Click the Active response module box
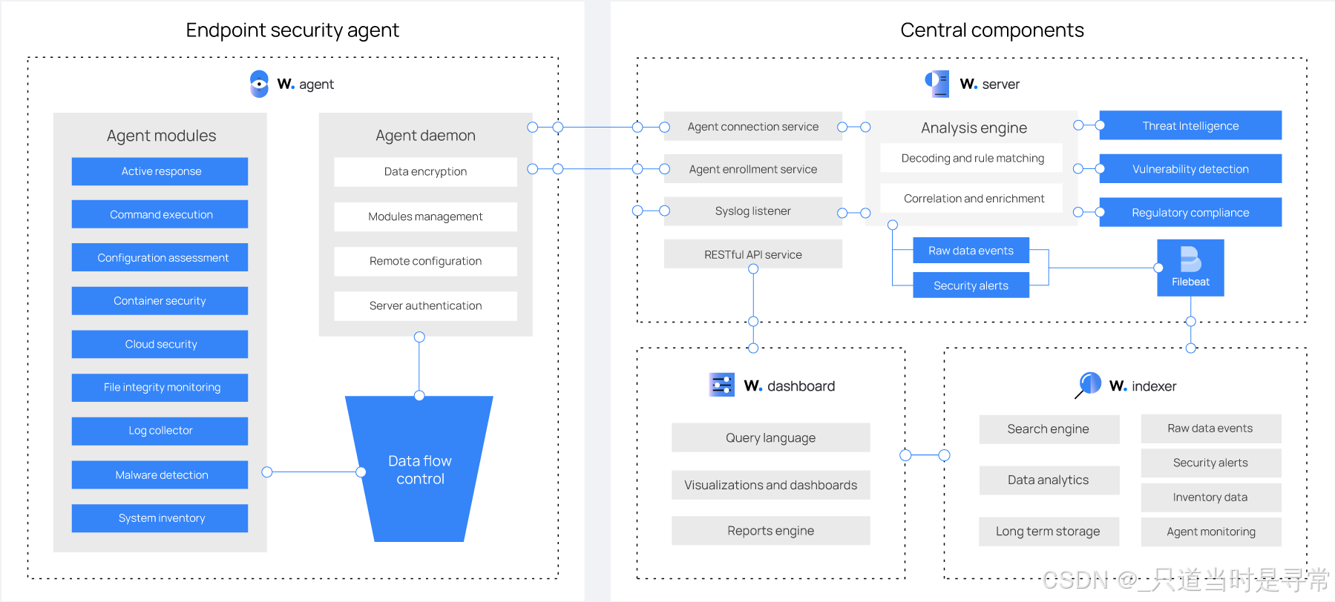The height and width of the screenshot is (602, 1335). (x=160, y=171)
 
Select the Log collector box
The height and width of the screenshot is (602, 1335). (x=160, y=431)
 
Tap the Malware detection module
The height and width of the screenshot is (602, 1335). (x=160, y=474)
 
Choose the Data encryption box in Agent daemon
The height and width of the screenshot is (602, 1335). (x=425, y=172)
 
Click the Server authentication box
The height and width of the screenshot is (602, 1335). (x=425, y=305)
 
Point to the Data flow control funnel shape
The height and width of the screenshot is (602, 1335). (x=419, y=469)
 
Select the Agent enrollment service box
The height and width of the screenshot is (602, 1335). (x=753, y=169)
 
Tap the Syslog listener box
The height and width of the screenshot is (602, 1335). (x=753, y=211)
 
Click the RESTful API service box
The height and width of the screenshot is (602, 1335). (x=753, y=254)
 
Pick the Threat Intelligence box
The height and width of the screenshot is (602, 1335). (x=1190, y=125)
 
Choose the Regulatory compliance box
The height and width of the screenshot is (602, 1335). (x=1190, y=212)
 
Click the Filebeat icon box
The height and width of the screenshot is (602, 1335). (x=1190, y=268)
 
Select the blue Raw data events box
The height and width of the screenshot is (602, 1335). (x=971, y=251)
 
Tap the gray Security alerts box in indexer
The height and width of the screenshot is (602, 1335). (x=1210, y=463)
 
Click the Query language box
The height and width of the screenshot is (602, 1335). (x=770, y=437)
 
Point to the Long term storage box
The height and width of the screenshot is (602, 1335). (x=1049, y=531)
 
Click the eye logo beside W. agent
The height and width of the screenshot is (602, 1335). (x=259, y=84)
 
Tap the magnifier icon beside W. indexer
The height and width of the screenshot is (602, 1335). (x=1089, y=385)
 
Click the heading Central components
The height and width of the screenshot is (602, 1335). (x=992, y=30)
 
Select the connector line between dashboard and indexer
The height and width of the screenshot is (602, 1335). (x=925, y=455)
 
